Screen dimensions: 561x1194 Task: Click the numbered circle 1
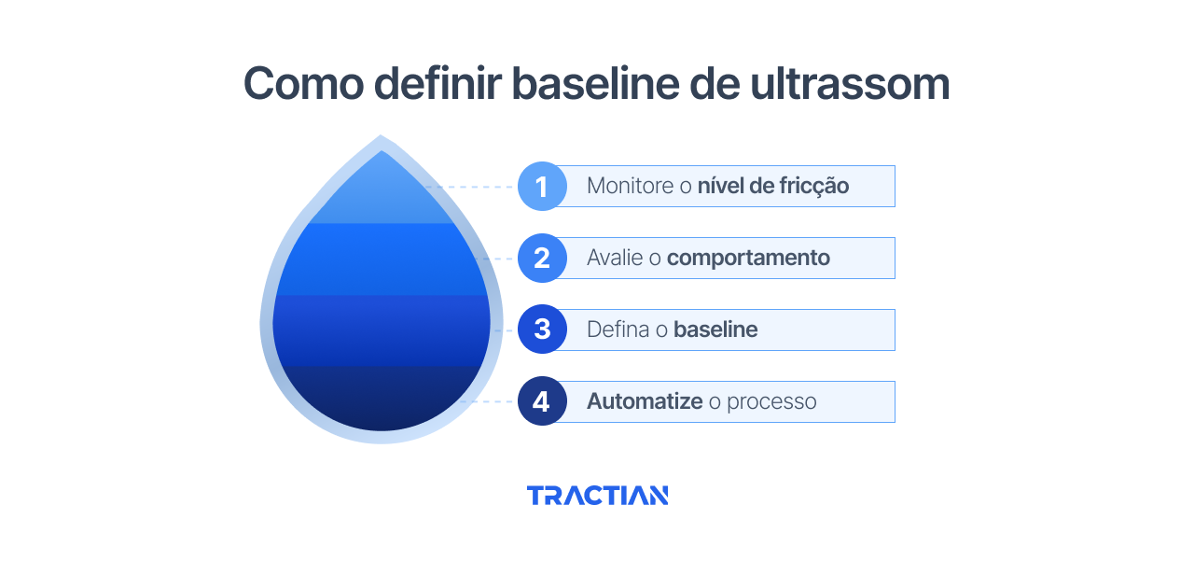coord(542,186)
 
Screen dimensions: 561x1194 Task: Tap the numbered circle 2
coord(542,258)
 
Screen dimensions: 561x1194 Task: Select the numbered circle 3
coord(542,330)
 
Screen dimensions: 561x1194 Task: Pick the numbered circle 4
coord(542,401)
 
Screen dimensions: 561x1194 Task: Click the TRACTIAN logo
coord(597,496)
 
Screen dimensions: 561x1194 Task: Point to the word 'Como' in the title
coord(301,84)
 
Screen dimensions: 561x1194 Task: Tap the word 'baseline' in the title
coord(593,84)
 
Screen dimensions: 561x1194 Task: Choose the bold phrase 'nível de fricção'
coord(773,186)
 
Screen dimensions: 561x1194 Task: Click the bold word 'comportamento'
coord(748,258)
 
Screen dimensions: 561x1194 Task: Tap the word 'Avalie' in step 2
coord(615,258)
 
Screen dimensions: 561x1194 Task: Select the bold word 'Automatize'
coord(645,401)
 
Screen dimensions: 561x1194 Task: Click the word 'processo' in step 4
coord(771,401)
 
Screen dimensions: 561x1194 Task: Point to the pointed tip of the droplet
coord(381,140)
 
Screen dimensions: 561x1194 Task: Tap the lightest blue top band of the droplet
coord(381,196)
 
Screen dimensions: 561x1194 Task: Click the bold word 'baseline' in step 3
coord(715,330)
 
